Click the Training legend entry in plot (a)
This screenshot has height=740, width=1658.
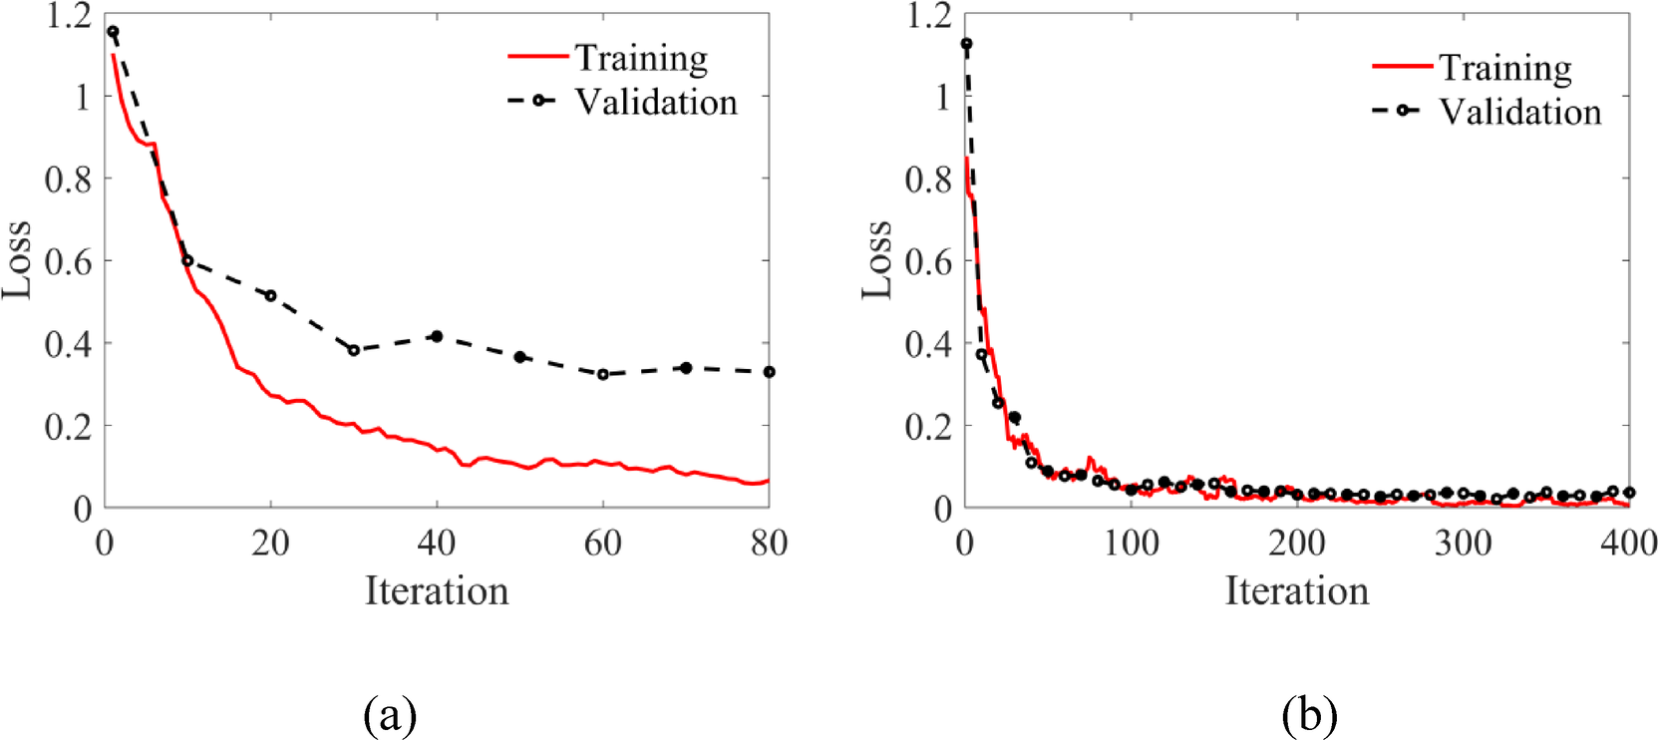tap(641, 58)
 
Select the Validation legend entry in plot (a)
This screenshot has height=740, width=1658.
tap(655, 102)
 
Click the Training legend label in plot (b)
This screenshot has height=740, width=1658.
tap(1504, 68)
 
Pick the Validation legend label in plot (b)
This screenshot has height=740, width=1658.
tap(1519, 112)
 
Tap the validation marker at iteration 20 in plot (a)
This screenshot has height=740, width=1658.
tap(270, 295)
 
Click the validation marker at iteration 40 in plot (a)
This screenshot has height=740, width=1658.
tap(437, 336)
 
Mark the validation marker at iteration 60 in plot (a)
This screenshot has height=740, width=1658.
tap(603, 374)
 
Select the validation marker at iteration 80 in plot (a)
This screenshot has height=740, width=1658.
tap(769, 372)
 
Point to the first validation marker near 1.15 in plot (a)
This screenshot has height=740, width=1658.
tap(113, 32)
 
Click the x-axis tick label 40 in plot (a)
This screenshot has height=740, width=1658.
tap(437, 544)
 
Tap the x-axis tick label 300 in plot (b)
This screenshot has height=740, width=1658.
tap(1463, 544)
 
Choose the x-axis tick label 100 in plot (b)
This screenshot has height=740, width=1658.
tap(1131, 544)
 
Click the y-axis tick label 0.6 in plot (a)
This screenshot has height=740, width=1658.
tap(68, 261)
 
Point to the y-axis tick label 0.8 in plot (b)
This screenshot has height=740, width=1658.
tap(928, 180)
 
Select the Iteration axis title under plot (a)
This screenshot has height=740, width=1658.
tap(437, 590)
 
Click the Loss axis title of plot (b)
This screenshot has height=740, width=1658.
tap(877, 259)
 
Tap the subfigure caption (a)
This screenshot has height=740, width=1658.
tap(390, 714)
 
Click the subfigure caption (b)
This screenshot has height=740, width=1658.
tap(1309, 714)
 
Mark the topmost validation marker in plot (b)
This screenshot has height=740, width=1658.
tap(965, 44)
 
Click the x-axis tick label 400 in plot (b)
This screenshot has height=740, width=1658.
tap(1628, 544)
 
